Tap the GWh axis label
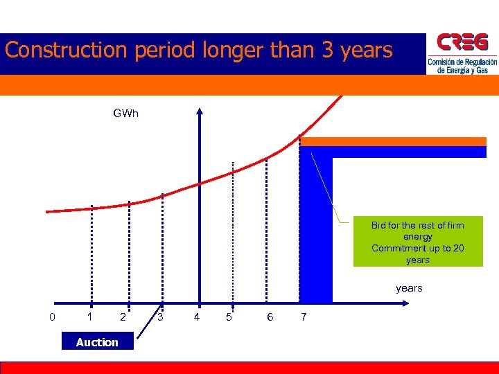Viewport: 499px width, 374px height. (125, 113)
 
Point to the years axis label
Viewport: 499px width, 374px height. (408, 288)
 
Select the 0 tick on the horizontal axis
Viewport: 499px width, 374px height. (52, 317)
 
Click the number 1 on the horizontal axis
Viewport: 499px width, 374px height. (89, 317)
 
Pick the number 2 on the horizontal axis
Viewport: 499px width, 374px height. (123, 317)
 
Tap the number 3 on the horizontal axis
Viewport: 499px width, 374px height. (160, 317)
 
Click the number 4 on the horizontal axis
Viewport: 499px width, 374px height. (197, 317)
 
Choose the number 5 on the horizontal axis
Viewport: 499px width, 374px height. (229, 317)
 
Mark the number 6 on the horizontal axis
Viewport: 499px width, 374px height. (270, 317)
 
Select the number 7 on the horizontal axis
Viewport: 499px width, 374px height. (302, 317)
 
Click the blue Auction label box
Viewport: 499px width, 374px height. (97, 341)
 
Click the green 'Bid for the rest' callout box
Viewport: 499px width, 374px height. (417, 242)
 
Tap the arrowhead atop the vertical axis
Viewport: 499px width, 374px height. (200, 109)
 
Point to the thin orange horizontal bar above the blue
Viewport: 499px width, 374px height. (393, 141)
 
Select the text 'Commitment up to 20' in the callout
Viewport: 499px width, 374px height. (417, 249)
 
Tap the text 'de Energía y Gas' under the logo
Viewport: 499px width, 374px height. (462, 70)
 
